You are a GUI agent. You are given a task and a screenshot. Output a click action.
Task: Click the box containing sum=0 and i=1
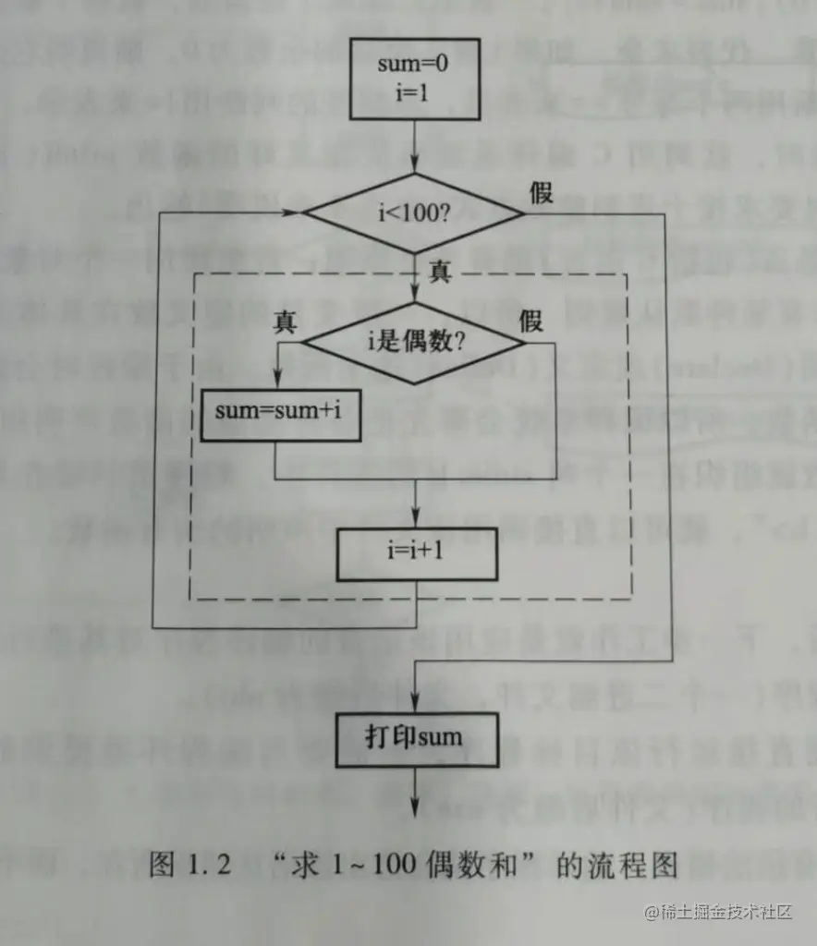(x=415, y=81)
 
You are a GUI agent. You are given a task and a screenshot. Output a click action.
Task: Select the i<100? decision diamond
(x=415, y=213)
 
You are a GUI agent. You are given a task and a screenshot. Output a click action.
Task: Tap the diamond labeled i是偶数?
(x=415, y=344)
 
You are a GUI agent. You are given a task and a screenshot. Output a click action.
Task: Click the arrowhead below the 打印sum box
(x=415, y=802)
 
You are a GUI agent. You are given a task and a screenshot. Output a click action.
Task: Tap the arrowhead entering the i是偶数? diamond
(x=415, y=297)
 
